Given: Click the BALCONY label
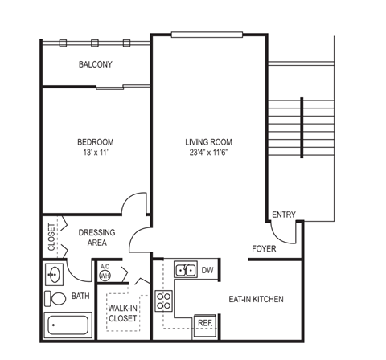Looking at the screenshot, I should tap(95, 64).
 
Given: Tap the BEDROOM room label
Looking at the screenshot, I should tap(96, 141).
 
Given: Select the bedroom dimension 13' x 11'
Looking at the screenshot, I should tap(96, 152).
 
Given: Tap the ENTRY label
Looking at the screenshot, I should tap(284, 215).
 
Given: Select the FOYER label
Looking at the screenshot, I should tap(264, 249).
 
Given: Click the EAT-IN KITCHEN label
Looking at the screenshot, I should tap(257, 300).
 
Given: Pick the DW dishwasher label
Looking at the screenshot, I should tap(207, 270).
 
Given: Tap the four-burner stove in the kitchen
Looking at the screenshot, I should tap(164, 301).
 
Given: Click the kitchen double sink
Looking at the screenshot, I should tap(184, 270).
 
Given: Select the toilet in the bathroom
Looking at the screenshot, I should tap(57, 298).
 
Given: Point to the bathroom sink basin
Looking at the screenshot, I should tap(54, 274).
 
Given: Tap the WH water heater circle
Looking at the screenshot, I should tap(105, 276).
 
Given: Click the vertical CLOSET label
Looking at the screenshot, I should tap(51, 235).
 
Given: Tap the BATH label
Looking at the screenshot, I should tap(80, 297).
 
